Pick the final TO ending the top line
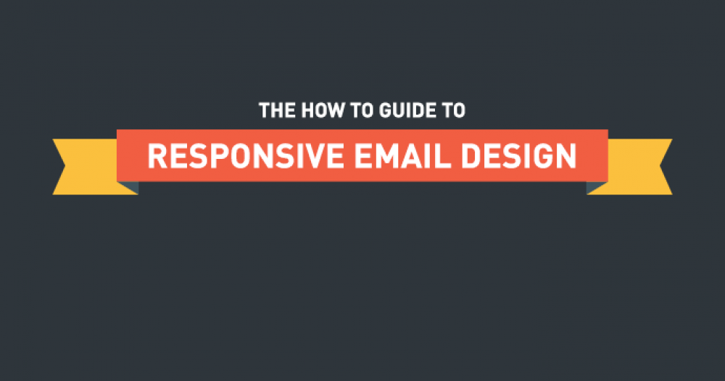[x=453, y=110]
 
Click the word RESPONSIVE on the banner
[x=246, y=156]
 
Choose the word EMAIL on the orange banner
[x=402, y=156]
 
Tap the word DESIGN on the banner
[x=519, y=156]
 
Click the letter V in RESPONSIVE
[x=312, y=156]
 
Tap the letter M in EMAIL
[x=387, y=156]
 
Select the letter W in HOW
[x=335, y=110]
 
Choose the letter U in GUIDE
[x=397, y=110]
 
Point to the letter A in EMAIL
[x=414, y=156]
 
